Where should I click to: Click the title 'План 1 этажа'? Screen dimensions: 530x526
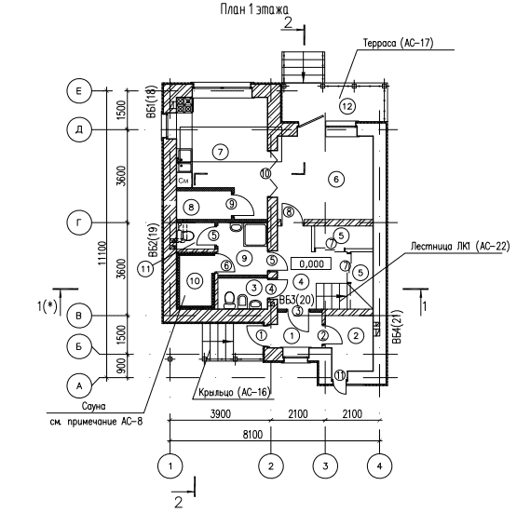(254, 9)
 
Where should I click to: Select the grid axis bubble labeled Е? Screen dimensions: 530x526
(79, 91)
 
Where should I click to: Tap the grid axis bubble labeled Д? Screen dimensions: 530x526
(79, 129)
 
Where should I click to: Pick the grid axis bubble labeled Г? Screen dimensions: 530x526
(79, 223)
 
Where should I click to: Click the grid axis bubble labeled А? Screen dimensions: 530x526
(79, 385)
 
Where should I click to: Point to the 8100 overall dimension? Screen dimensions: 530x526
(252, 435)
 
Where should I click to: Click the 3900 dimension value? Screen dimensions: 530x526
(221, 414)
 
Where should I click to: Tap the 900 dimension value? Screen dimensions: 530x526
(122, 366)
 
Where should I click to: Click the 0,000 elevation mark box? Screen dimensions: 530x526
(311, 263)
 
